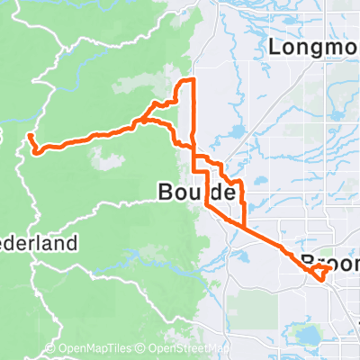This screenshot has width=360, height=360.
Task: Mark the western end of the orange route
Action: pyautogui.click(x=29, y=136)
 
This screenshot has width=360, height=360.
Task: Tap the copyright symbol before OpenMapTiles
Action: pyautogui.click(x=50, y=349)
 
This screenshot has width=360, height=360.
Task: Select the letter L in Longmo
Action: pyautogui.click(x=274, y=46)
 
